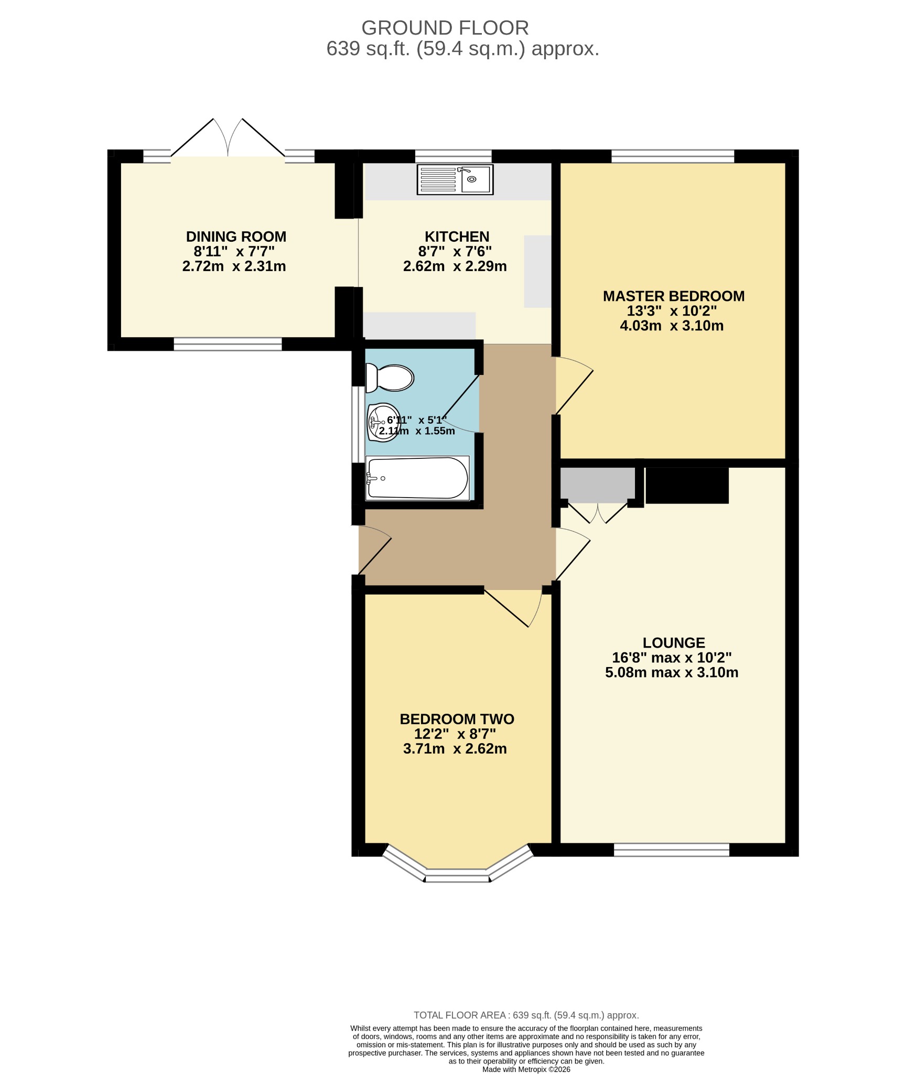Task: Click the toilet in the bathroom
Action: click(x=390, y=378)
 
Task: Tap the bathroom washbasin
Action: click(x=383, y=422)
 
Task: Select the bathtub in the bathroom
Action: click(x=417, y=478)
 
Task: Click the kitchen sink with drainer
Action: click(x=455, y=179)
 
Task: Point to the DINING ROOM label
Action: click(x=236, y=237)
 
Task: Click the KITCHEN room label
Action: click(x=457, y=237)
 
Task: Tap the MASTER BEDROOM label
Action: click(x=674, y=296)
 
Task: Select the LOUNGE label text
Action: click(x=674, y=642)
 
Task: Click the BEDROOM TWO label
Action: click(x=457, y=719)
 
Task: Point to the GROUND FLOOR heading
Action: click(x=445, y=27)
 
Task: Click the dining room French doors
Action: click(x=228, y=137)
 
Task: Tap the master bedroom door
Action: click(x=575, y=385)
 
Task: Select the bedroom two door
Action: click(x=513, y=608)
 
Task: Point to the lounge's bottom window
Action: click(x=672, y=850)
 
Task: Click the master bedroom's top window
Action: click(x=673, y=156)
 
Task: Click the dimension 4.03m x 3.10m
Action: click(x=672, y=326)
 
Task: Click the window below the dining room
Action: click(x=228, y=344)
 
